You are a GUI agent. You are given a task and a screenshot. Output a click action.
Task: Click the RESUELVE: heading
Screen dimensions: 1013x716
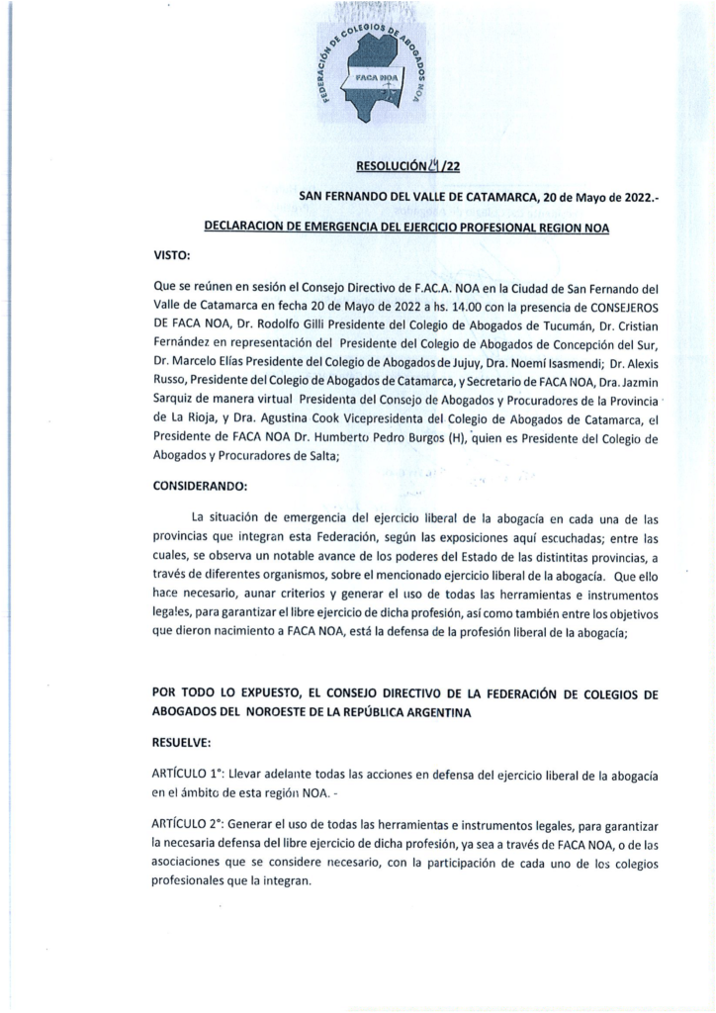183,738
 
